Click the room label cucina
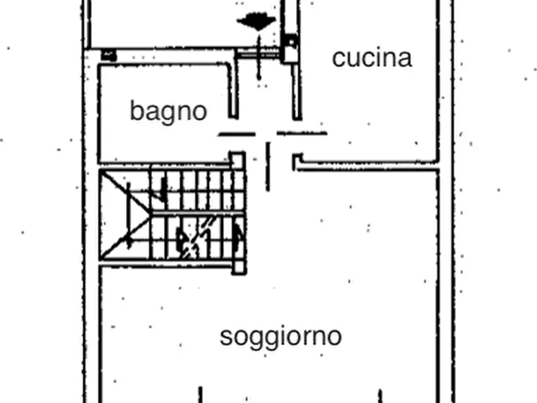372,58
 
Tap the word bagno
168,111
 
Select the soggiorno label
281,336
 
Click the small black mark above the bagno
108,54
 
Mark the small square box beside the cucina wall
290,42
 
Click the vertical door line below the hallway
268,167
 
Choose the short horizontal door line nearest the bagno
236,134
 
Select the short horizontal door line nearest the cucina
302,133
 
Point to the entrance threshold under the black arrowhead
257,54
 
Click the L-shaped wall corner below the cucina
298,163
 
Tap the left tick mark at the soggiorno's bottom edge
200,395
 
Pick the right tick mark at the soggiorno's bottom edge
380,396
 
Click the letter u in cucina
356,59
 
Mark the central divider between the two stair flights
198,212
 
